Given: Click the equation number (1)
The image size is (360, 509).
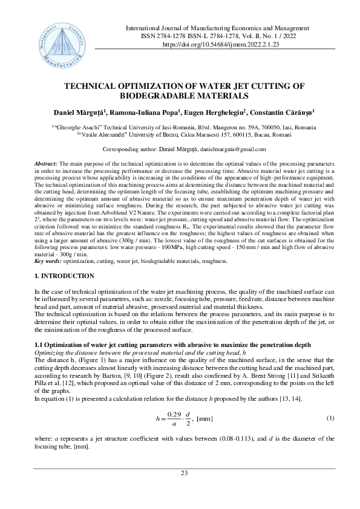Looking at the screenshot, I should [330, 418].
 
